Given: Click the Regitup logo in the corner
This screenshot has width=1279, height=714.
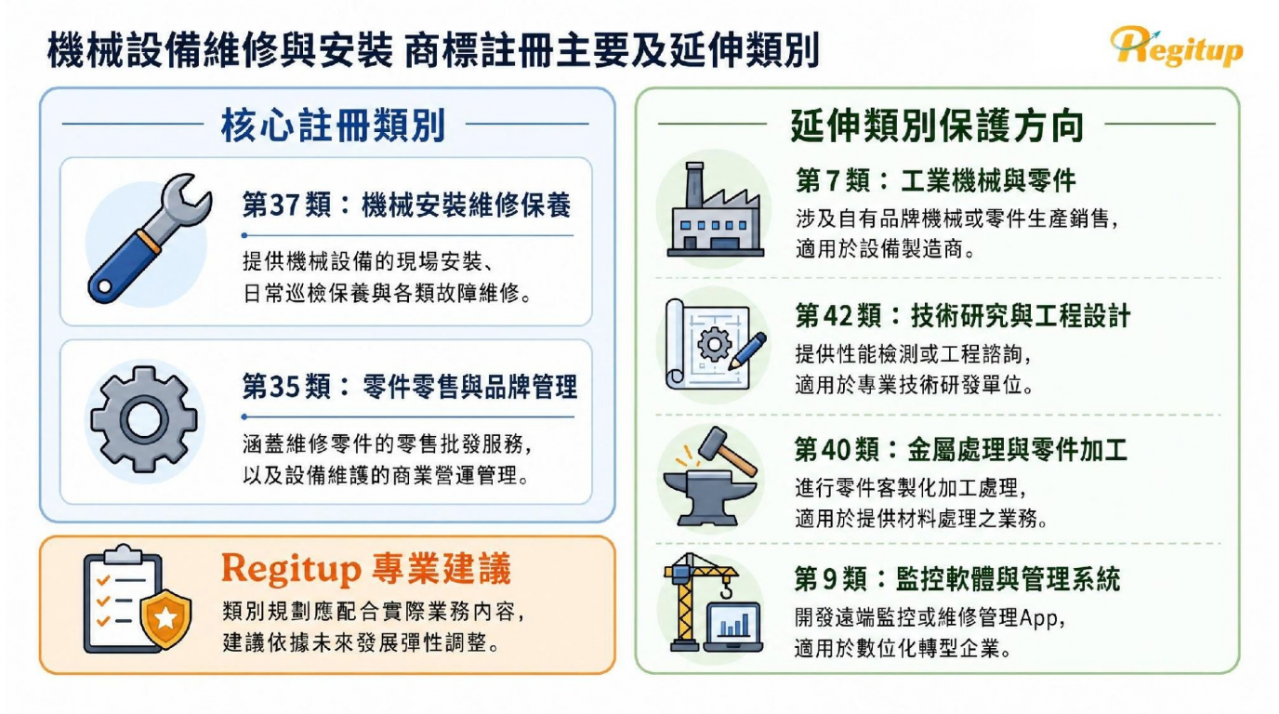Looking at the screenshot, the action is coord(1176,46).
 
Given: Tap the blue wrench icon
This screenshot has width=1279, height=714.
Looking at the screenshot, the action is coord(150,238).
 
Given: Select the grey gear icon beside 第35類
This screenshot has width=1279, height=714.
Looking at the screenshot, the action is coord(144,420).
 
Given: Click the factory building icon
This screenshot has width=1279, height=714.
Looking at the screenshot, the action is coord(715,210).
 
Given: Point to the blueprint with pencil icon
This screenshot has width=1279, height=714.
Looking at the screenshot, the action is coord(715,344).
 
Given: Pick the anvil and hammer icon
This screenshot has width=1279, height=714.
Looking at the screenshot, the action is coord(710,477).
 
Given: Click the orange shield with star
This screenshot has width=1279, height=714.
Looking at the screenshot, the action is coord(165,619).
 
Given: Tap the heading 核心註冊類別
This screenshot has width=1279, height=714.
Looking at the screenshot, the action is coord(333,126).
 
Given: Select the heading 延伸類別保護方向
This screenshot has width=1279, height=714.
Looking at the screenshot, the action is coord(937,126).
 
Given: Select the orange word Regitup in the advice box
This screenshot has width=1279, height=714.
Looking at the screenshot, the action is coord(291,570).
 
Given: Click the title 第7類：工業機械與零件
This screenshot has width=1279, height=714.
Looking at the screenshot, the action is coord(935,181).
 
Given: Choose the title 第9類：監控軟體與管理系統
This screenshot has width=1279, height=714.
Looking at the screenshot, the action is coord(957,579).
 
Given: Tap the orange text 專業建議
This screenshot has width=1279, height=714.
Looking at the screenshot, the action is coord(441,569).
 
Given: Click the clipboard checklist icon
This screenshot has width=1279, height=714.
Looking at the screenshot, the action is coord(124,599).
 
